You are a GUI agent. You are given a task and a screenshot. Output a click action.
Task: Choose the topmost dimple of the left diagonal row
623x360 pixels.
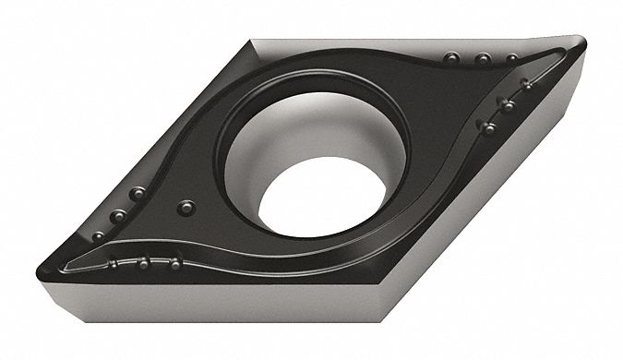click(x=138, y=194)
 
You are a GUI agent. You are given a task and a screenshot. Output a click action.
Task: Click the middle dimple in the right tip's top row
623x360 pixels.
click(x=482, y=60)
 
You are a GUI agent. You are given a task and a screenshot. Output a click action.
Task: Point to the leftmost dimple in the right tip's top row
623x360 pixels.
click(x=452, y=57)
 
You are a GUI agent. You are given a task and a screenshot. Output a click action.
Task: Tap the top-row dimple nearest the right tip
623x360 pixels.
click(x=511, y=58)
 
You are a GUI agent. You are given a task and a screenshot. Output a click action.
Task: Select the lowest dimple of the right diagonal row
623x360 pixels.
click(x=486, y=126)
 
